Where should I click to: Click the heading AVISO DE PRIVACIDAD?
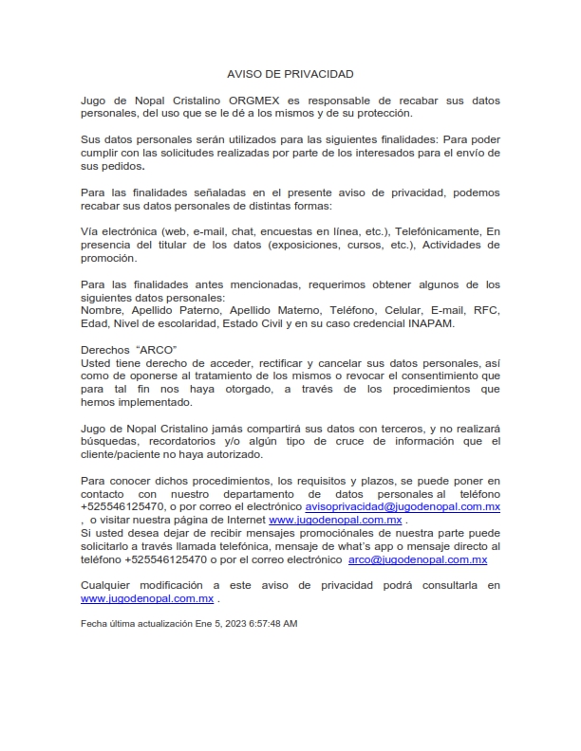point(290,73)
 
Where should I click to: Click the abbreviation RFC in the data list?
point(487,310)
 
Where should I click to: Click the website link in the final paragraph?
point(146,599)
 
